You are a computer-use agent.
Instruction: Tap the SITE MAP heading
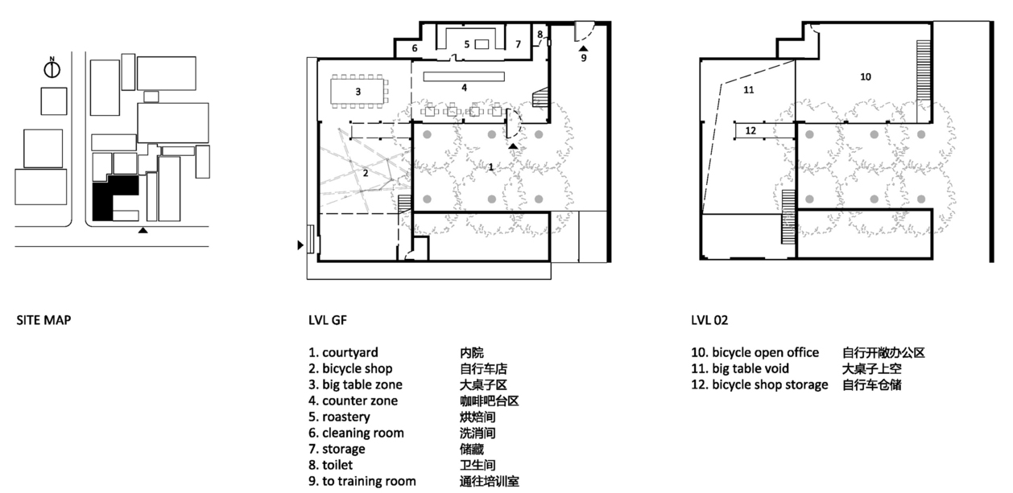(x=43, y=320)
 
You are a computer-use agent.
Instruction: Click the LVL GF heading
(x=328, y=320)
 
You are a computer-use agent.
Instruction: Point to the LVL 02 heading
(x=709, y=320)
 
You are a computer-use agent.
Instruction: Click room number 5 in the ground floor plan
(x=467, y=44)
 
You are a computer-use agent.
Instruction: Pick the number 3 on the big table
(x=358, y=92)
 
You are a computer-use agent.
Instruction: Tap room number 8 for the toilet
(x=540, y=35)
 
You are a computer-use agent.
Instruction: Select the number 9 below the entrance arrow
(x=584, y=58)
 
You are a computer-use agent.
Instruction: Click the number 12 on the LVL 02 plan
(x=750, y=130)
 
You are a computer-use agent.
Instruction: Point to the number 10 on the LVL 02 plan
(x=866, y=76)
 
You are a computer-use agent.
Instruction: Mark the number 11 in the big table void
(x=749, y=90)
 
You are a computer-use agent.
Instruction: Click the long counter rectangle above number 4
(x=464, y=76)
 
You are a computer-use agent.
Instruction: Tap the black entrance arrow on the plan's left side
(x=300, y=245)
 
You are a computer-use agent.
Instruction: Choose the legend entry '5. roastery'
(x=339, y=417)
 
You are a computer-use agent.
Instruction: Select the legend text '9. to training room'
(x=362, y=481)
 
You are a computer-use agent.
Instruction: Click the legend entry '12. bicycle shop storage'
(x=759, y=384)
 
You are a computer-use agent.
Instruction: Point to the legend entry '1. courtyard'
(x=343, y=352)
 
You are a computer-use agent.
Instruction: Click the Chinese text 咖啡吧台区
(x=490, y=401)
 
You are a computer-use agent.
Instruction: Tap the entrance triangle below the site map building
(x=143, y=230)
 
